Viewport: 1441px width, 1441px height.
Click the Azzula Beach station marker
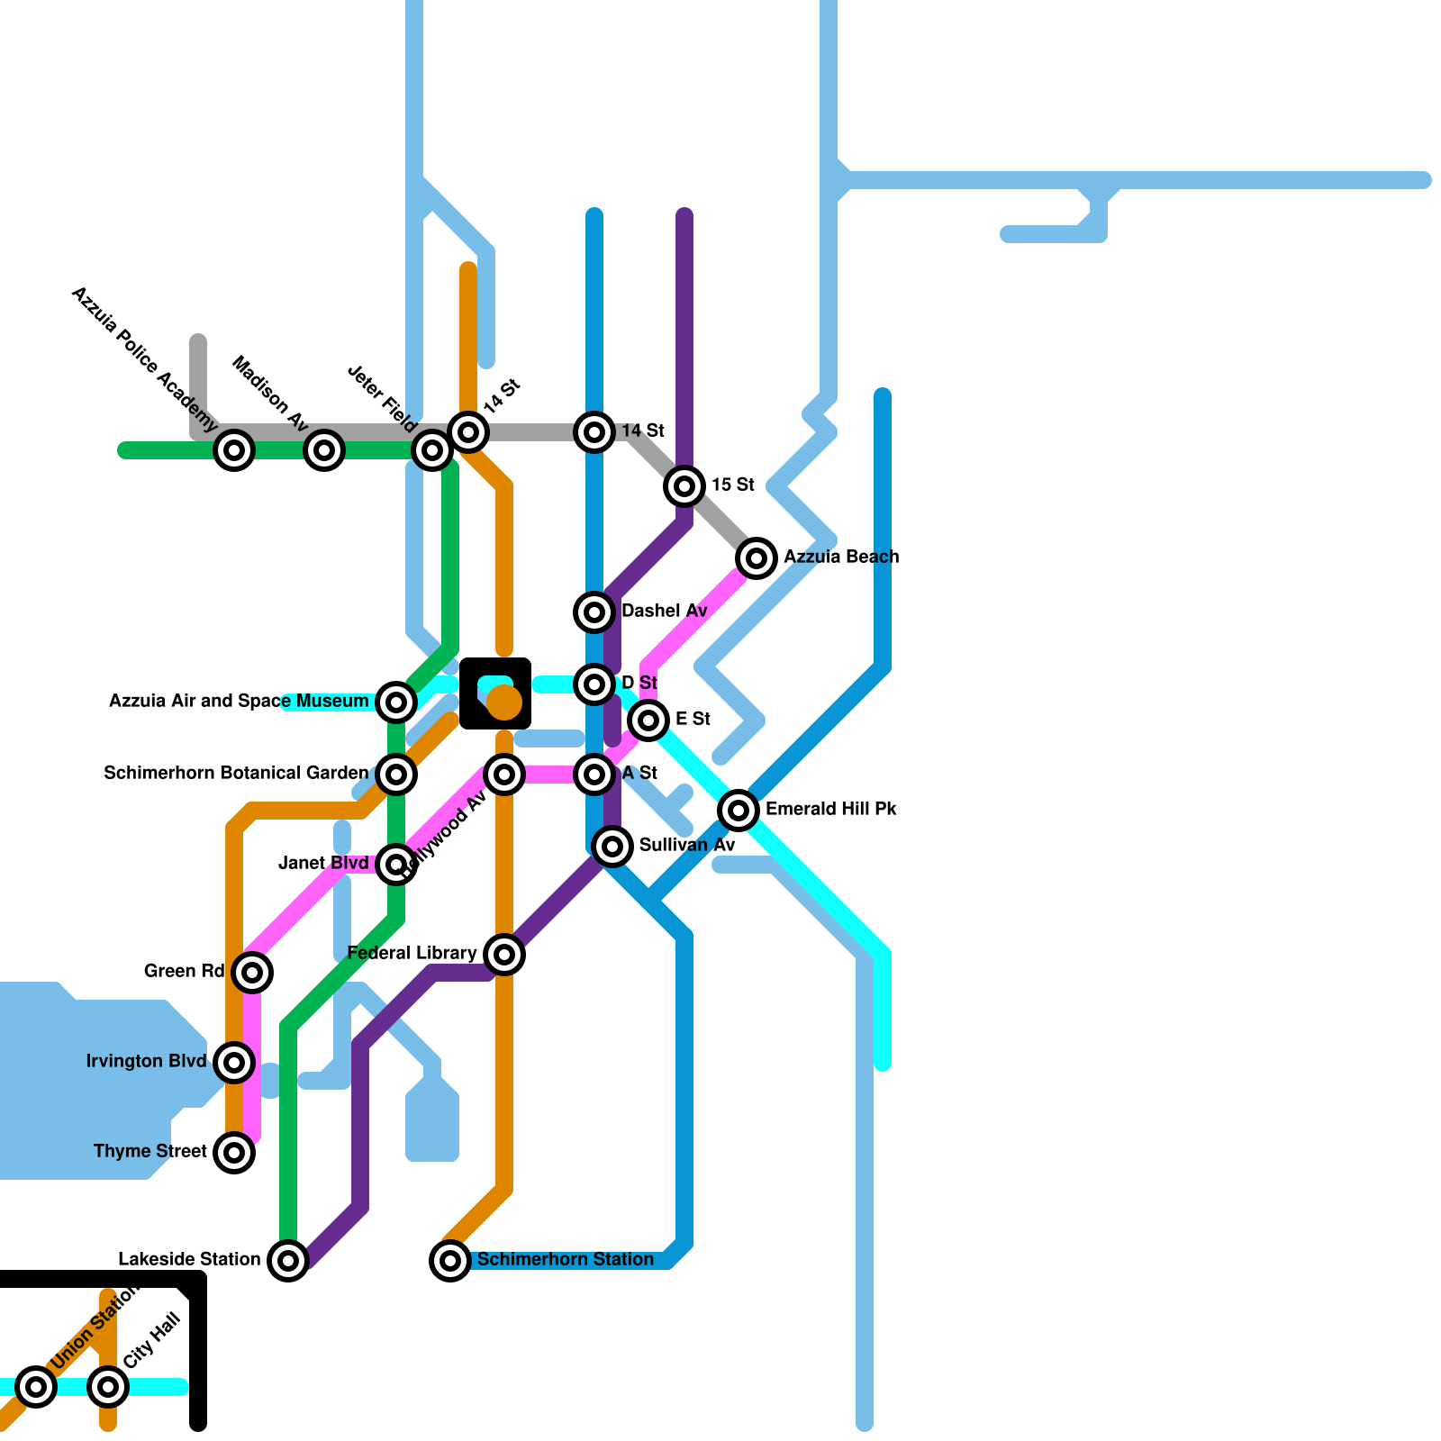pyautogui.click(x=757, y=558)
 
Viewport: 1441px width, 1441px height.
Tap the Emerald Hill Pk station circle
pyautogui.click(x=739, y=811)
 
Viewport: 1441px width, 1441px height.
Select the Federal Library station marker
pyautogui.click(x=504, y=955)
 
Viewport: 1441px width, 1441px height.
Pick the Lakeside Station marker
pyautogui.click(x=288, y=1261)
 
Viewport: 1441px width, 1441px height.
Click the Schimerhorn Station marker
pyautogui.click(x=450, y=1261)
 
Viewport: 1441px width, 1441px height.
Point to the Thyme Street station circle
pyautogui.click(x=234, y=1153)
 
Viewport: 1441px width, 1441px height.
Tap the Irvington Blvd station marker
pyautogui.click(x=234, y=1063)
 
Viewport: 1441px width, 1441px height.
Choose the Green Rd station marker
pyautogui.click(x=252, y=973)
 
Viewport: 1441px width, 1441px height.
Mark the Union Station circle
pyautogui.click(x=36, y=1387)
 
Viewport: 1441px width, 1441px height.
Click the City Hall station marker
pyautogui.click(x=108, y=1387)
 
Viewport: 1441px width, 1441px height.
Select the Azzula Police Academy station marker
pyautogui.click(x=234, y=450)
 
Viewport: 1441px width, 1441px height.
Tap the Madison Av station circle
pyautogui.click(x=324, y=450)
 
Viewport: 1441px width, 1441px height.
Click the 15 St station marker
pyautogui.click(x=684, y=486)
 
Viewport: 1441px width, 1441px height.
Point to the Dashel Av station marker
pyautogui.click(x=594, y=612)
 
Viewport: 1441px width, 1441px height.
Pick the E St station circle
pyautogui.click(x=648, y=720)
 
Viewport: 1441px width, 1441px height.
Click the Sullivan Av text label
pyautogui.click(x=687, y=846)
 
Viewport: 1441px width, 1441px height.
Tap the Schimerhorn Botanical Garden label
pyautogui.click(x=236, y=774)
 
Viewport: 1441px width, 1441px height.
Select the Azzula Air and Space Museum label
pyautogui.click(x=239, y=702)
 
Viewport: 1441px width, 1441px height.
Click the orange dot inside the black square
pyautogui.click(x=504, y=702)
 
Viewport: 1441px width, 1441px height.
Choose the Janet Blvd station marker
pyautogui.click(x=396, y=865)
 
